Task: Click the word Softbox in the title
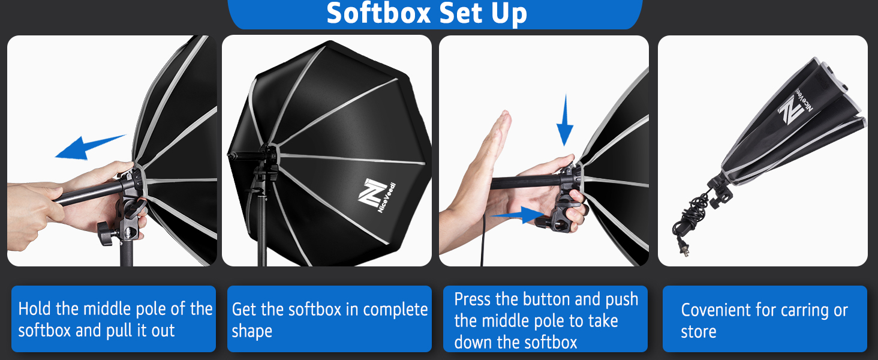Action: pyautogui.click(x=378, y=13)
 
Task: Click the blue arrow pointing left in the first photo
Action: pyautogui.click(x=90, y=148)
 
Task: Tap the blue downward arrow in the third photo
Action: pyautogui.click(x=565, y=120)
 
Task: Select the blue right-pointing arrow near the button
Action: pyautogui.click(x=518, y=215)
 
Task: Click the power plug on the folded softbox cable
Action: pyautogui.click(x=682, y=248)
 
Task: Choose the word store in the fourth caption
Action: pyautogui.click(x=699, y=332)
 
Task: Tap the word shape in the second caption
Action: pyautogui.click(x=252, y=332)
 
